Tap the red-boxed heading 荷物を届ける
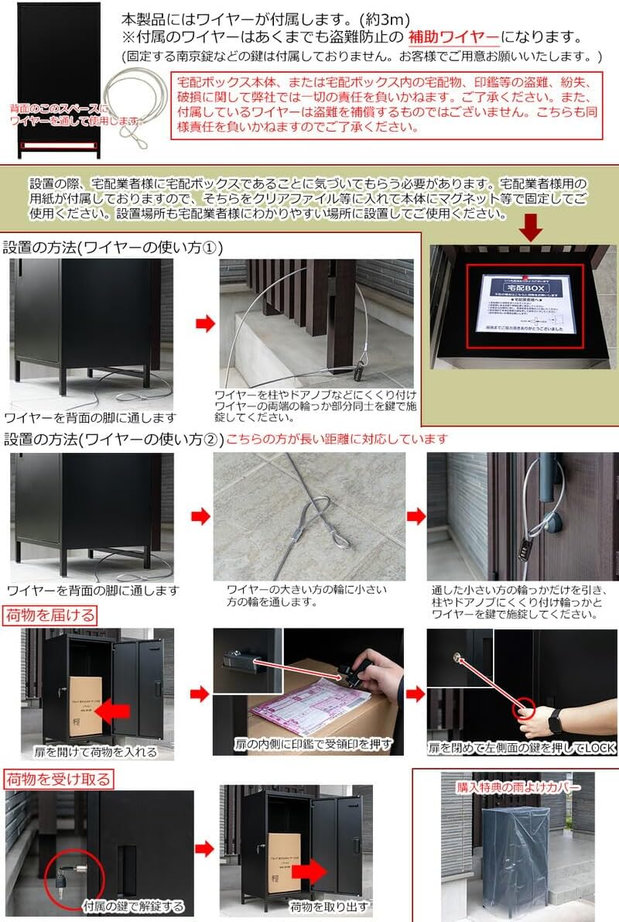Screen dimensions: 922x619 52,615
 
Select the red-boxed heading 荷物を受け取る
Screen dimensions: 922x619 59,778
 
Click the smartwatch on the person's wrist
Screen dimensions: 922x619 555,721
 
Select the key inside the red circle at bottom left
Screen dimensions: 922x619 63,879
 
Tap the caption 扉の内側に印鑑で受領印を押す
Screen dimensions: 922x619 313,745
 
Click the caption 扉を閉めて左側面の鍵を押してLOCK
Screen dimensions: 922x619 520,749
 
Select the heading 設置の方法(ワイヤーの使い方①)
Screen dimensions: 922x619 113,248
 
